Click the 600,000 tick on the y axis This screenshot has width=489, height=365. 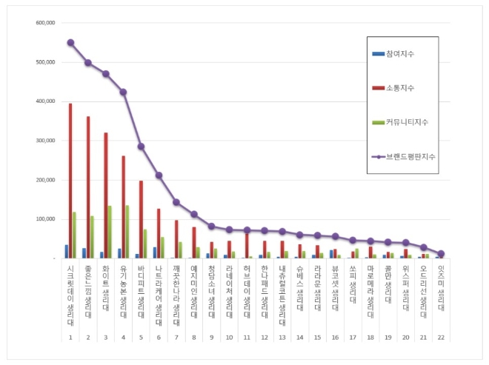click(x=45, y=23)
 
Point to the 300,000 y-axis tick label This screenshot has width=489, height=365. click(x=45, y=141)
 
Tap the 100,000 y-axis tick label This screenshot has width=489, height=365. click(x=45, y=219)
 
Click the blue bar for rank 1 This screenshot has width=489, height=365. click(x=66, y=252)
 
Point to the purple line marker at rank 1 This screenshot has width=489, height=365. click(x=70, y=42)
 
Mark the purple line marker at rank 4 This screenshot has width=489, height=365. click(x=123, y=92)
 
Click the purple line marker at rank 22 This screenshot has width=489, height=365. click(x=441, y=254)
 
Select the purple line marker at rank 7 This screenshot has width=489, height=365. click(x=176, y=202)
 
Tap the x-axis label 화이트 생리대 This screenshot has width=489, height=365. click(x=105, y=289)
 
